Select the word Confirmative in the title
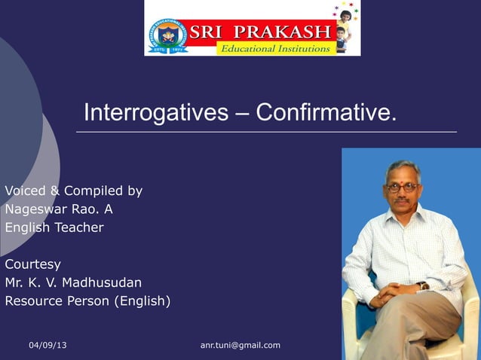pyautogui.click(x=325, y=113)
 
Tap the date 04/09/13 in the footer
pyautogui.click(x=47, y=345)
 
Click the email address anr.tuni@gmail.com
pyautogui.click(x=240, y=345)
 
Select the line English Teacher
pyautogui.click(x=54, y=227)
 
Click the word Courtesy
pyautogui.click(x=32, y=264)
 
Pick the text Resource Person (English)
pyautogui.click(x=87, y=301)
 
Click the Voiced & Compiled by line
pyautogui.click(x=73, y=191)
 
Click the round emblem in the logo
pyautogui.click(x=168, y=35)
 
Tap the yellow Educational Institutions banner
pyautogui.click(x=274, y=48)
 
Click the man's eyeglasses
pyautogui.click(x=401, y=187)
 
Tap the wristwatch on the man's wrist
pyautogui.click(x=424, y=285)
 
